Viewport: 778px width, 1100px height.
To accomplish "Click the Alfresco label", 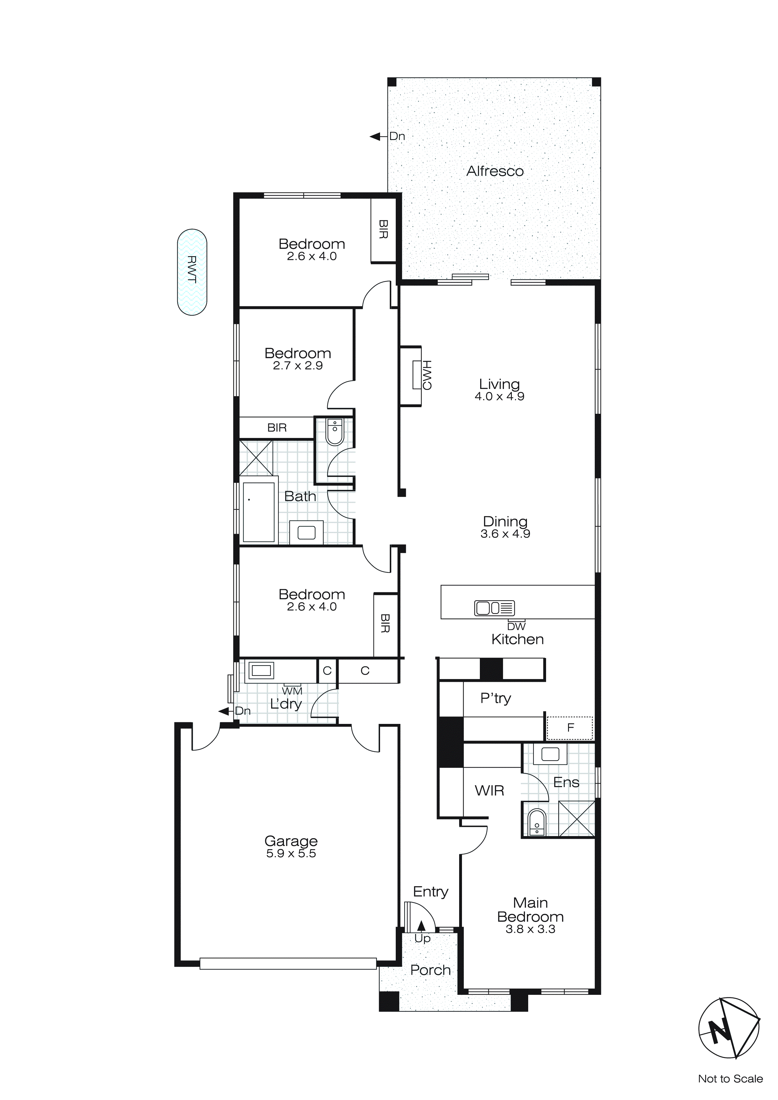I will (x=495, y=171).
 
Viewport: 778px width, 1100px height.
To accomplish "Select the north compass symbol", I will (x=729, y=1028).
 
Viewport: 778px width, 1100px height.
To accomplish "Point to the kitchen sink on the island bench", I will (x=494, y=608).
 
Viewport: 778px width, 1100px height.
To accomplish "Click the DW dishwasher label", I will (x=516, y=626).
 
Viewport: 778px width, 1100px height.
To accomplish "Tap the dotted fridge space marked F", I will (x=570, y=728).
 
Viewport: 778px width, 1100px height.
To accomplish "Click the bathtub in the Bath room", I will (x=259, y=512).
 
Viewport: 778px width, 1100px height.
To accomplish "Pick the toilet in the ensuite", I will (x=537, y=822).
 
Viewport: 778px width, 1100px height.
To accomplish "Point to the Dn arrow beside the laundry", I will (x=224, y=711).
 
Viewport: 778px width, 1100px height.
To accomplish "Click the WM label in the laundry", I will (x=292, y=691).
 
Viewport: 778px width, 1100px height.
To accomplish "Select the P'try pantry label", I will (x=495, y=698).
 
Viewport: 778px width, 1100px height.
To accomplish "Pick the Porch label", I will (x=430, y=970).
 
